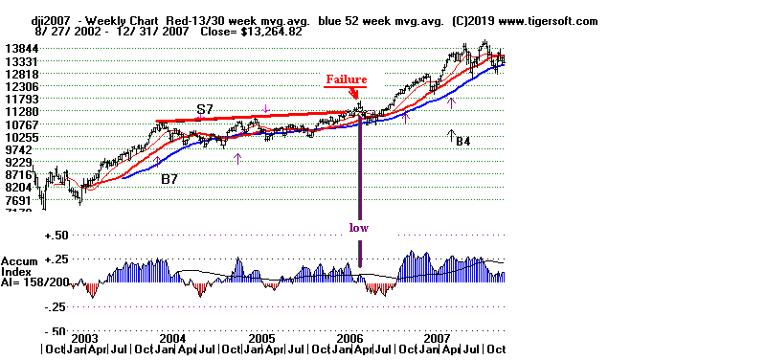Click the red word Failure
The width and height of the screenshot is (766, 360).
[x=346, y=79]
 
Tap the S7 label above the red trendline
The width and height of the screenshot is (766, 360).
[x=205, y=111]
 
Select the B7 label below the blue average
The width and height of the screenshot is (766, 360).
[x=169, y=178]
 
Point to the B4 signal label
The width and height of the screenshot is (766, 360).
[x=462, y=142]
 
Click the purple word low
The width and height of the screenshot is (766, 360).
[x=358, y=228]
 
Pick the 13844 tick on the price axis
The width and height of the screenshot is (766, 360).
[x=20, y=48]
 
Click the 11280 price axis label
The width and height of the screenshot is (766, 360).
[x=20, y=111]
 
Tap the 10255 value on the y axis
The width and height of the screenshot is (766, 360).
[x=20, y=137]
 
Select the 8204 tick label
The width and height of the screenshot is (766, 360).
[x=20, y=188]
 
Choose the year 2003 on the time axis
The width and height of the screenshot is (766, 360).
[x=84, y=338]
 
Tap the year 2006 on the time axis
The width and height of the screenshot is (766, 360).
[x=349, y=338]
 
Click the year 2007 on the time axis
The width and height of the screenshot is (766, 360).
[x=438, y=338]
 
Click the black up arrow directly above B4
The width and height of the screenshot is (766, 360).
[x=451, y=133]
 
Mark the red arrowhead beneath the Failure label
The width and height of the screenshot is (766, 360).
[x=355, y=95]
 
